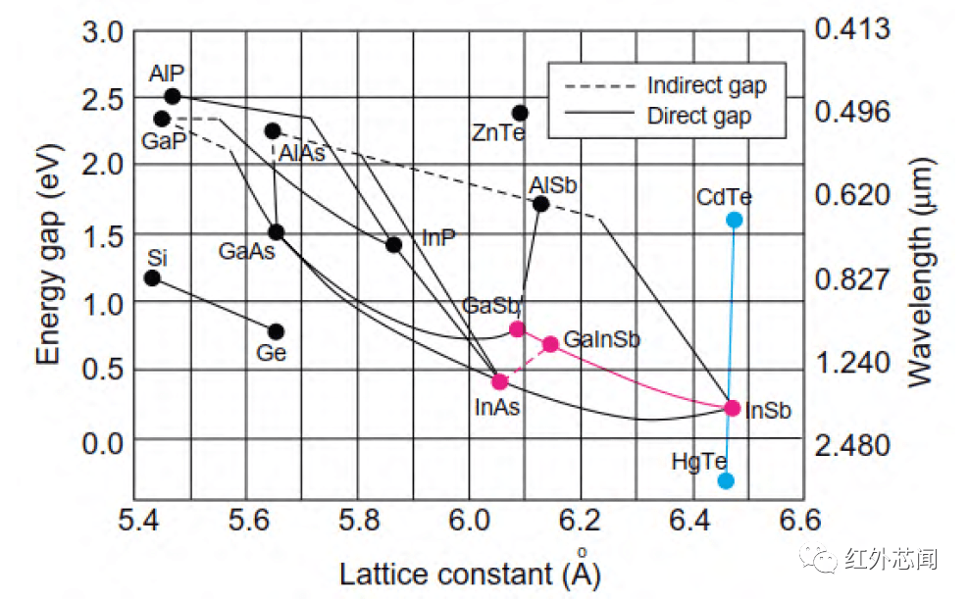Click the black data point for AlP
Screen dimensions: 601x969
pos(173,96)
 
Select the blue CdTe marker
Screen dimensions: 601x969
pos(734,220)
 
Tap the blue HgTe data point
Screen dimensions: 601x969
pos(726,480)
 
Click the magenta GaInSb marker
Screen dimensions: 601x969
pos(550,344)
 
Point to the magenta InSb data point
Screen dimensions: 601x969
pos(732,408)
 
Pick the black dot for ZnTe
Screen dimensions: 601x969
pos(520,114)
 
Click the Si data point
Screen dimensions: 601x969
pos(152,278)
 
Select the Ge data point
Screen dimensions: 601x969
pos(276,331)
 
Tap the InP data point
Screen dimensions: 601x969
pos(393,244)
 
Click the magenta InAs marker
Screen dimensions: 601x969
pos(499,381)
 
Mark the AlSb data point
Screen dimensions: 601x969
pos(540,204)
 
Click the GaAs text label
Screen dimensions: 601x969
pos(246,251)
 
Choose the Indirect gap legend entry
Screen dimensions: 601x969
pos(706,86)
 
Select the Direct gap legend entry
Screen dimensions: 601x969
pos(698,116)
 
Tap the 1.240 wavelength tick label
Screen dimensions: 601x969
pos(853,364)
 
